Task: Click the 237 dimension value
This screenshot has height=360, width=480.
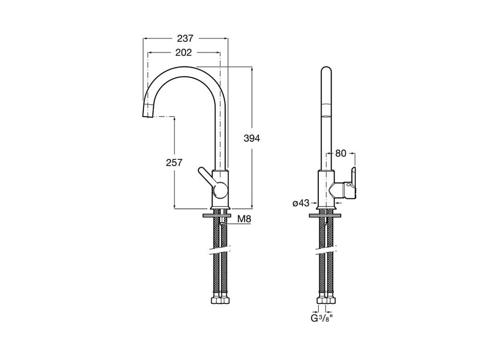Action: pyautogui.click(x=185, y=38)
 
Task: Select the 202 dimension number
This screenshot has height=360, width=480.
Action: pyautogui.click(x=183, y=53)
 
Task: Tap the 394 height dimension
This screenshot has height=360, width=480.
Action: pyautogui.click(x=252, y=138)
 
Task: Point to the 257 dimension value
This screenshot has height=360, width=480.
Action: pyautogui.click(x=174, y=163)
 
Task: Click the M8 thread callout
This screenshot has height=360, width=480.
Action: pyautogui.click(x=244, y=219)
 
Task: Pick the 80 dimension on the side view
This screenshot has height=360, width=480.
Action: pyautogui.click(x=341, y=153)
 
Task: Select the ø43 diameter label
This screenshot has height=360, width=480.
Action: pyautogui.click(x=301, y=203)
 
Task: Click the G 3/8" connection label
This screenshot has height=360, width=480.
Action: pyautogui.click(x=322, y=319)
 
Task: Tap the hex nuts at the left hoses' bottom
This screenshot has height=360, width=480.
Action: pyautogui.click(x=220, y=299)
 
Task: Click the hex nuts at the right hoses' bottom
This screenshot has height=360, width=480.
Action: pyautogui.click(x=326, y=299)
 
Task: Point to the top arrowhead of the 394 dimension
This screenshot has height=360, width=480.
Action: pyautogui.click(x=252, y=69)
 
